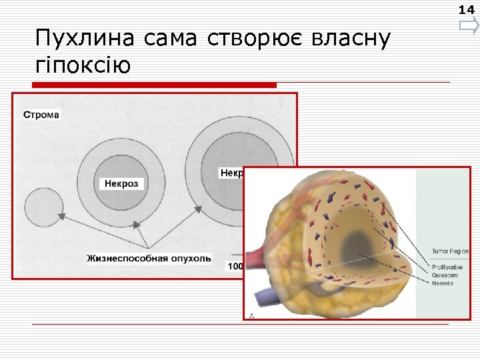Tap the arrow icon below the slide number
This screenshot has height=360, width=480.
pyautogui.click(x=468, y=27)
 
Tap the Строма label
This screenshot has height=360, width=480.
pyautogui.click(x=41, y=114)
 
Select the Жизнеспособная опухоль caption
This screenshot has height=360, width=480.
pyautogui.click(x=149, y=257)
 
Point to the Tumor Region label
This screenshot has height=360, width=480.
pyautogui.click(x=450, y=251)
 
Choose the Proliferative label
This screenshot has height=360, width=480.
pyautogui.click(x=447, y=267)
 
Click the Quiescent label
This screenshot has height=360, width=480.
pyautogui.click(x=445, y=275)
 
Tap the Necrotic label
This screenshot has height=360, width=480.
pyautogui.click(x=443, y=283)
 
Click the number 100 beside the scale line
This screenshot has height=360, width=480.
pyautogui.click(x=235, y=267)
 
